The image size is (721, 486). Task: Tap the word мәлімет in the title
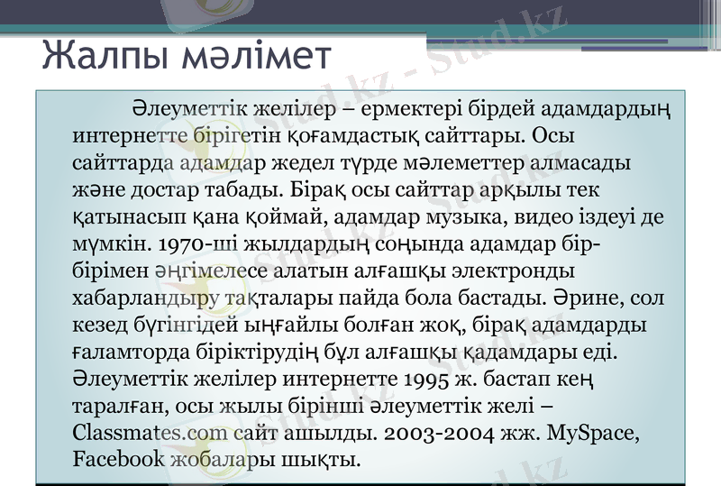[254, 56]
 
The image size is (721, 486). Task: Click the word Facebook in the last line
[117, 458]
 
